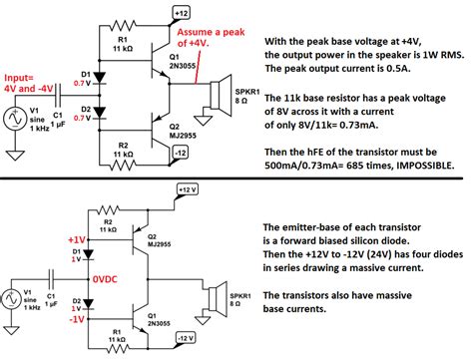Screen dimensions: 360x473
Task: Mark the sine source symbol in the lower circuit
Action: tap(13, 296)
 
